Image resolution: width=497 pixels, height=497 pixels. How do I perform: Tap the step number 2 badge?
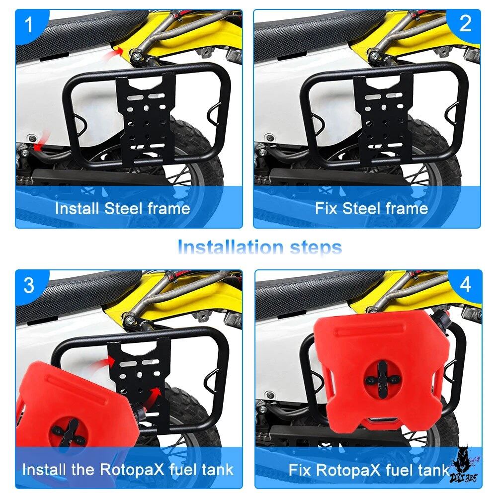click(x=465, y=23)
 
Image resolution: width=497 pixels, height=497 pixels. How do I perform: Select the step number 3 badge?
click(x=29, y=285)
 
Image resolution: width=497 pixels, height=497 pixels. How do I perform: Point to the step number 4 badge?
click(x=465, y=284)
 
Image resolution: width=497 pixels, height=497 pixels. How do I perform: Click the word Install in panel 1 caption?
click(x=77, y=208)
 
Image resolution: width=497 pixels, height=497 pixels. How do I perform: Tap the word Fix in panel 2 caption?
click(x=326, y=208)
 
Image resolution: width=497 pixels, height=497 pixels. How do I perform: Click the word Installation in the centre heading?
click(x=231, y=247)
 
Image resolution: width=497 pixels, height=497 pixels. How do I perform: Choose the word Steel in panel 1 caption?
click(x=123, y=208)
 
